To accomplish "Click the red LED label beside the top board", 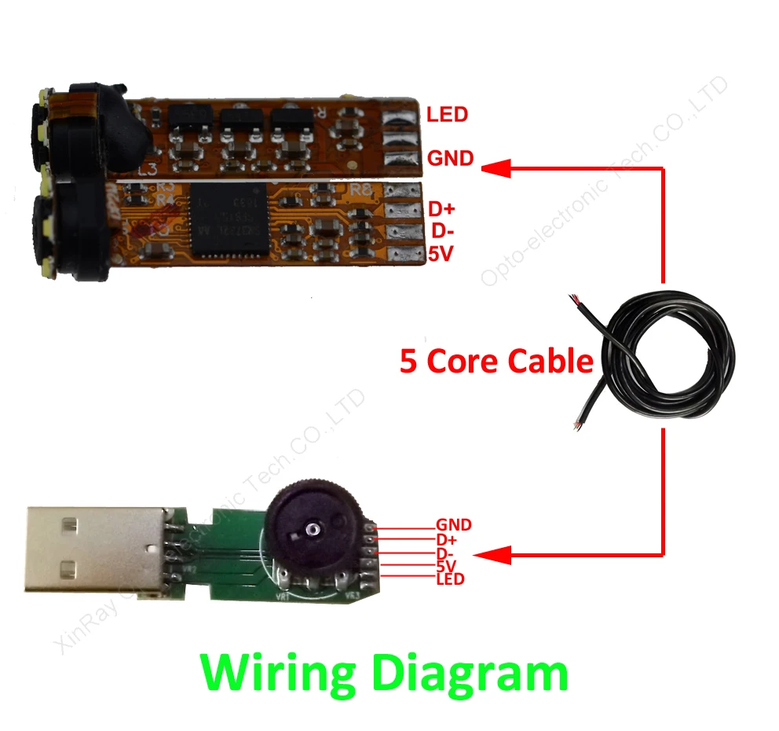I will click(447, 115).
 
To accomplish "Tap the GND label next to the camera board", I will click(450, 159).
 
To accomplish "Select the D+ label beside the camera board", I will click(441, 210).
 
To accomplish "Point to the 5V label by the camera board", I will click(441, 254).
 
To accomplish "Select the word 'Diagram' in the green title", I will click(469, 674).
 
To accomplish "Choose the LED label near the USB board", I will click(450, 579).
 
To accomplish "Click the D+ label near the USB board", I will click(445, 539).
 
